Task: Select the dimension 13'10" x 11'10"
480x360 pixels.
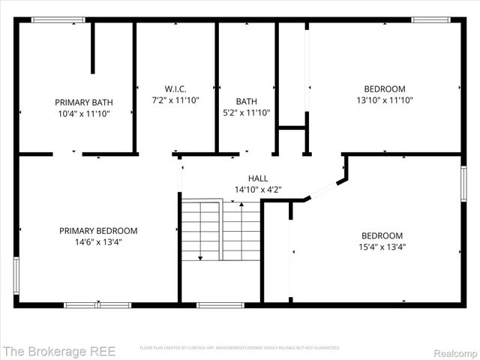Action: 384,100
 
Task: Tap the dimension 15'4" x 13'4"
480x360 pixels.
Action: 382,246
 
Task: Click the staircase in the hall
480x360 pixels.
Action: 220,230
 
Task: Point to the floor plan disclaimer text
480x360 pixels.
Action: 239,348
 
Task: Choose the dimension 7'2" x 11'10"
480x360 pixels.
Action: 176,100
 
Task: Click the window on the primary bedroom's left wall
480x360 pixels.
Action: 16,276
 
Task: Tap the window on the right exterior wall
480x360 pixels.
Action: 463,184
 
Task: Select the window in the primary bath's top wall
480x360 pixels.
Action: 58,20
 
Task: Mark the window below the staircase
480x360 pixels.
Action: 220,304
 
